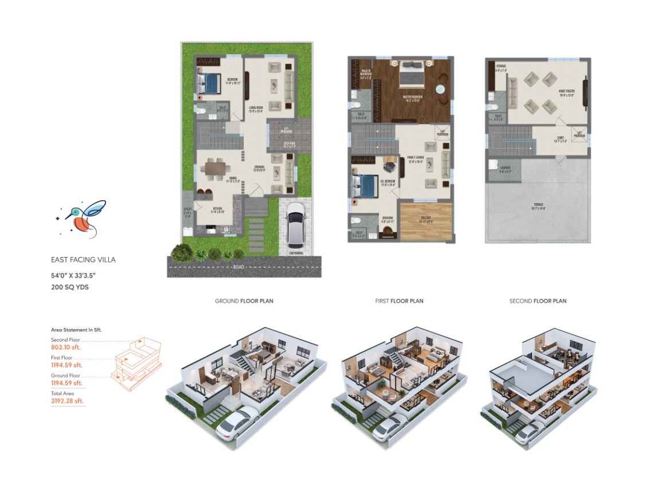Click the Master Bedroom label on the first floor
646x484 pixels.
(x=412, y=97)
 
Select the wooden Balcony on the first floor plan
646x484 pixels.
(x=426, y=221)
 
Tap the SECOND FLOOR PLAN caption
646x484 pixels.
(x=537, y=301)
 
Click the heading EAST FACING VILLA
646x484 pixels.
(x=83, y=260)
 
